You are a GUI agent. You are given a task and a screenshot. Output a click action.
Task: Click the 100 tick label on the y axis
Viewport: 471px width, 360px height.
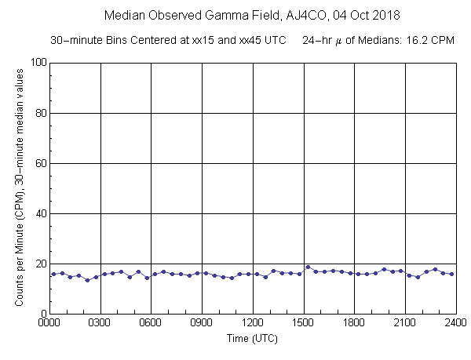(35, 63)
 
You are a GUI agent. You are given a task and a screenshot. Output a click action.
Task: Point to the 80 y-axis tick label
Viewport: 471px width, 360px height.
(38, 113)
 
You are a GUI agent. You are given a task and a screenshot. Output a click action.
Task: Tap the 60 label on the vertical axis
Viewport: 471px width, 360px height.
(38, 163)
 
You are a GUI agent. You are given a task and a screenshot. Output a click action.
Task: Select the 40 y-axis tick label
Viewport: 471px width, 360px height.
(38, 213)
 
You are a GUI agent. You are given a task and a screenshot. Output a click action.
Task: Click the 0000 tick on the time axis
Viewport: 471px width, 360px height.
(49, 322)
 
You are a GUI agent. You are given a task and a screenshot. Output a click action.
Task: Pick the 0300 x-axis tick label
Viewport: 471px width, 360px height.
(100, 322)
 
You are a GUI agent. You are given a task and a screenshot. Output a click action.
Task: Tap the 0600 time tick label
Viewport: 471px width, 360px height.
(152, 322)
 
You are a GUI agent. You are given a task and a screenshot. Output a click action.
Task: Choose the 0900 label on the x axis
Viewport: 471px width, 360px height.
(202, 322)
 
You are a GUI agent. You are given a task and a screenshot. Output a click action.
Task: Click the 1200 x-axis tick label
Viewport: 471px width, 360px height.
(253, 322)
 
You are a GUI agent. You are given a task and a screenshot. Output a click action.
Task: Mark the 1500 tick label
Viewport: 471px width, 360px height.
(304, 322)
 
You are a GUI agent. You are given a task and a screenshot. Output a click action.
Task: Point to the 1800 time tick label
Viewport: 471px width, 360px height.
(354, 322)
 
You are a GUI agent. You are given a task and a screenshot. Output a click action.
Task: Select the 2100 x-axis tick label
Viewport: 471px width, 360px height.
(405, 322)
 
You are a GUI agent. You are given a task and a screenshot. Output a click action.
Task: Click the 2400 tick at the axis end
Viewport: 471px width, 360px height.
(455, 322)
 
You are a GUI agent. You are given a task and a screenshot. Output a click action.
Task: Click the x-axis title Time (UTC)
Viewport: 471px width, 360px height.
(252, 340)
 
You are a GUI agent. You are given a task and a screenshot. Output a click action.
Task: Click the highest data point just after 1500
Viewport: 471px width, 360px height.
(308, 267)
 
